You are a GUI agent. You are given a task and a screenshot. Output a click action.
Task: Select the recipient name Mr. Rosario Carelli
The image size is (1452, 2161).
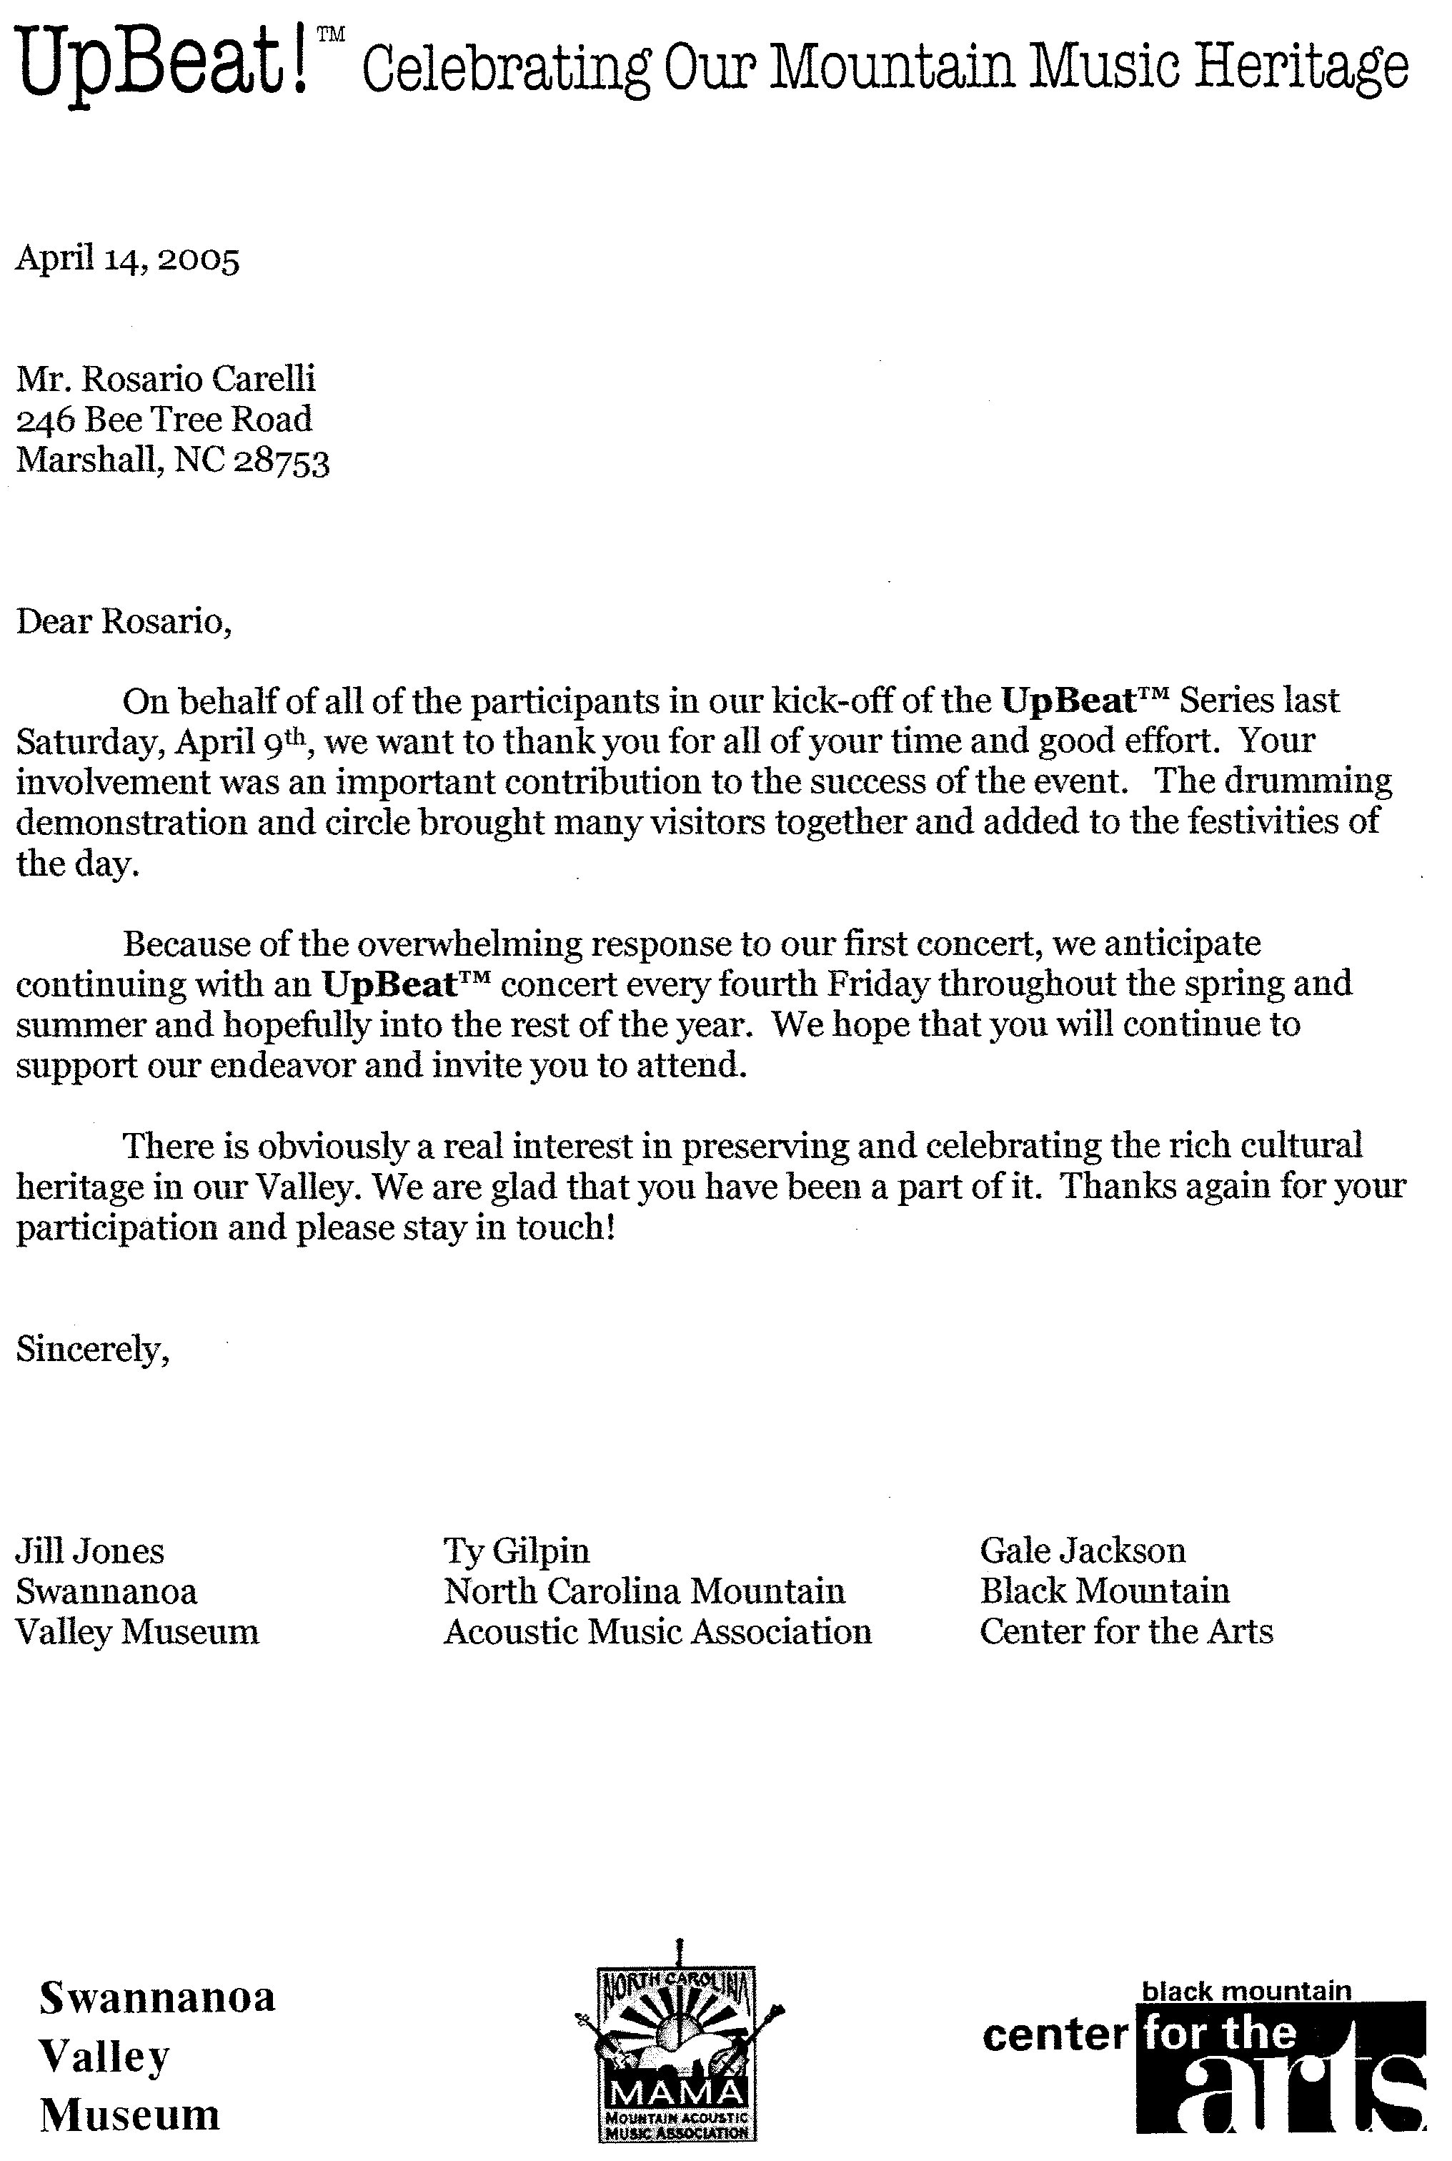[166, 379]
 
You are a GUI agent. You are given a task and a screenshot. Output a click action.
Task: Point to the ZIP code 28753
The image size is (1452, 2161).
[281, 461]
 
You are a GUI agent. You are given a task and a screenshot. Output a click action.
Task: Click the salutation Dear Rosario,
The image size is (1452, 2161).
[123, 620]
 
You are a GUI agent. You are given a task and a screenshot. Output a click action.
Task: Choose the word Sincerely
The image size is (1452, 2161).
[91, 1350]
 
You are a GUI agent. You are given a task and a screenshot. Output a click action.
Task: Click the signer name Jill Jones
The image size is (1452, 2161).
[90, 1551]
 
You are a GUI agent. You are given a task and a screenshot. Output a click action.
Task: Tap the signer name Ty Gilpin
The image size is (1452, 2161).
[516, 1551]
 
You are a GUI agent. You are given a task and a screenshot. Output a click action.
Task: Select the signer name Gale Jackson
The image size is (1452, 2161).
[1083, 1551]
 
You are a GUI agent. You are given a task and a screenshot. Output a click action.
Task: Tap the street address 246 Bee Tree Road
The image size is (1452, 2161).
[164, 420]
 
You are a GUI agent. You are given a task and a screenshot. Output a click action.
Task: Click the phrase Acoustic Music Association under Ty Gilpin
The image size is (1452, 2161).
[657, 1631]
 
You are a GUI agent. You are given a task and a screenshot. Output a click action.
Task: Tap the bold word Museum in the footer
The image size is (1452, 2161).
[129, 2113]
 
